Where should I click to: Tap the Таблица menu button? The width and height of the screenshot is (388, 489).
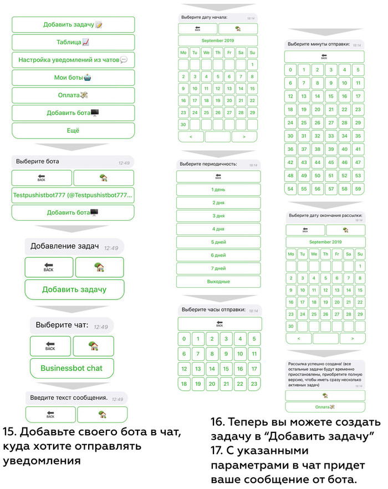[73, 42]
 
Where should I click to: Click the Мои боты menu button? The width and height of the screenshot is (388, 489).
[73, 78]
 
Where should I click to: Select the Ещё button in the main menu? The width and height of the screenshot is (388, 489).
[73, 130]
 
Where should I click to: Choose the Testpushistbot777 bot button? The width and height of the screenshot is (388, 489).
[73, 195]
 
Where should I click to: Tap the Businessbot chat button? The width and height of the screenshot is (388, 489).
[72, 368]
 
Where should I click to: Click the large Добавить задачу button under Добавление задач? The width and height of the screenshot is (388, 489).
[74, 289]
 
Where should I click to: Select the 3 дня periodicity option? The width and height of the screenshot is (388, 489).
[218, 216]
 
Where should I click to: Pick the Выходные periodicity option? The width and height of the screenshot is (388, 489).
[218, 281]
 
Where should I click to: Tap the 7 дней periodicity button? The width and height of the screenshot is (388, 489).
[218, 268]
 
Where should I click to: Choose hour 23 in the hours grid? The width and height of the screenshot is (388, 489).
[254, 383]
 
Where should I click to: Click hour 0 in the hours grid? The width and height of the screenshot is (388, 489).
[184, 339]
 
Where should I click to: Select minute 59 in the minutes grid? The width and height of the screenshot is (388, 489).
[358, 189]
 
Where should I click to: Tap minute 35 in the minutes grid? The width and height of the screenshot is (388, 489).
[358, 136]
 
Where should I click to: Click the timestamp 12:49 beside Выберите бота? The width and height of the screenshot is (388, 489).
[124, 162]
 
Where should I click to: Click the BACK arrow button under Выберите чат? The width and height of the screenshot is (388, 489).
[50, 347]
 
